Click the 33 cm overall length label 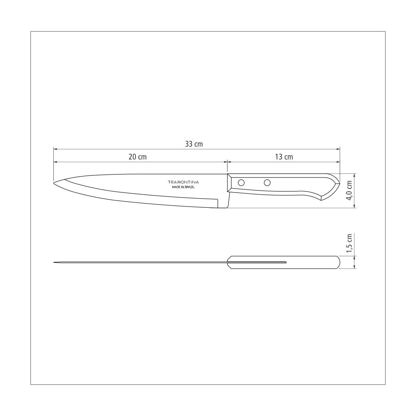(x=194, y=144)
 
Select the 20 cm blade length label (x=138, y=157)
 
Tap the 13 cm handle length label (x=284, y=157)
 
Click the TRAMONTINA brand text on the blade (x=183, y=182)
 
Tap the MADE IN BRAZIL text (x=183, y=187)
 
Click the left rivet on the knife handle (x=241, y=183)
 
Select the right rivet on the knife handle (x=267, y=183)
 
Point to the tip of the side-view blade (x=54, y=183)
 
